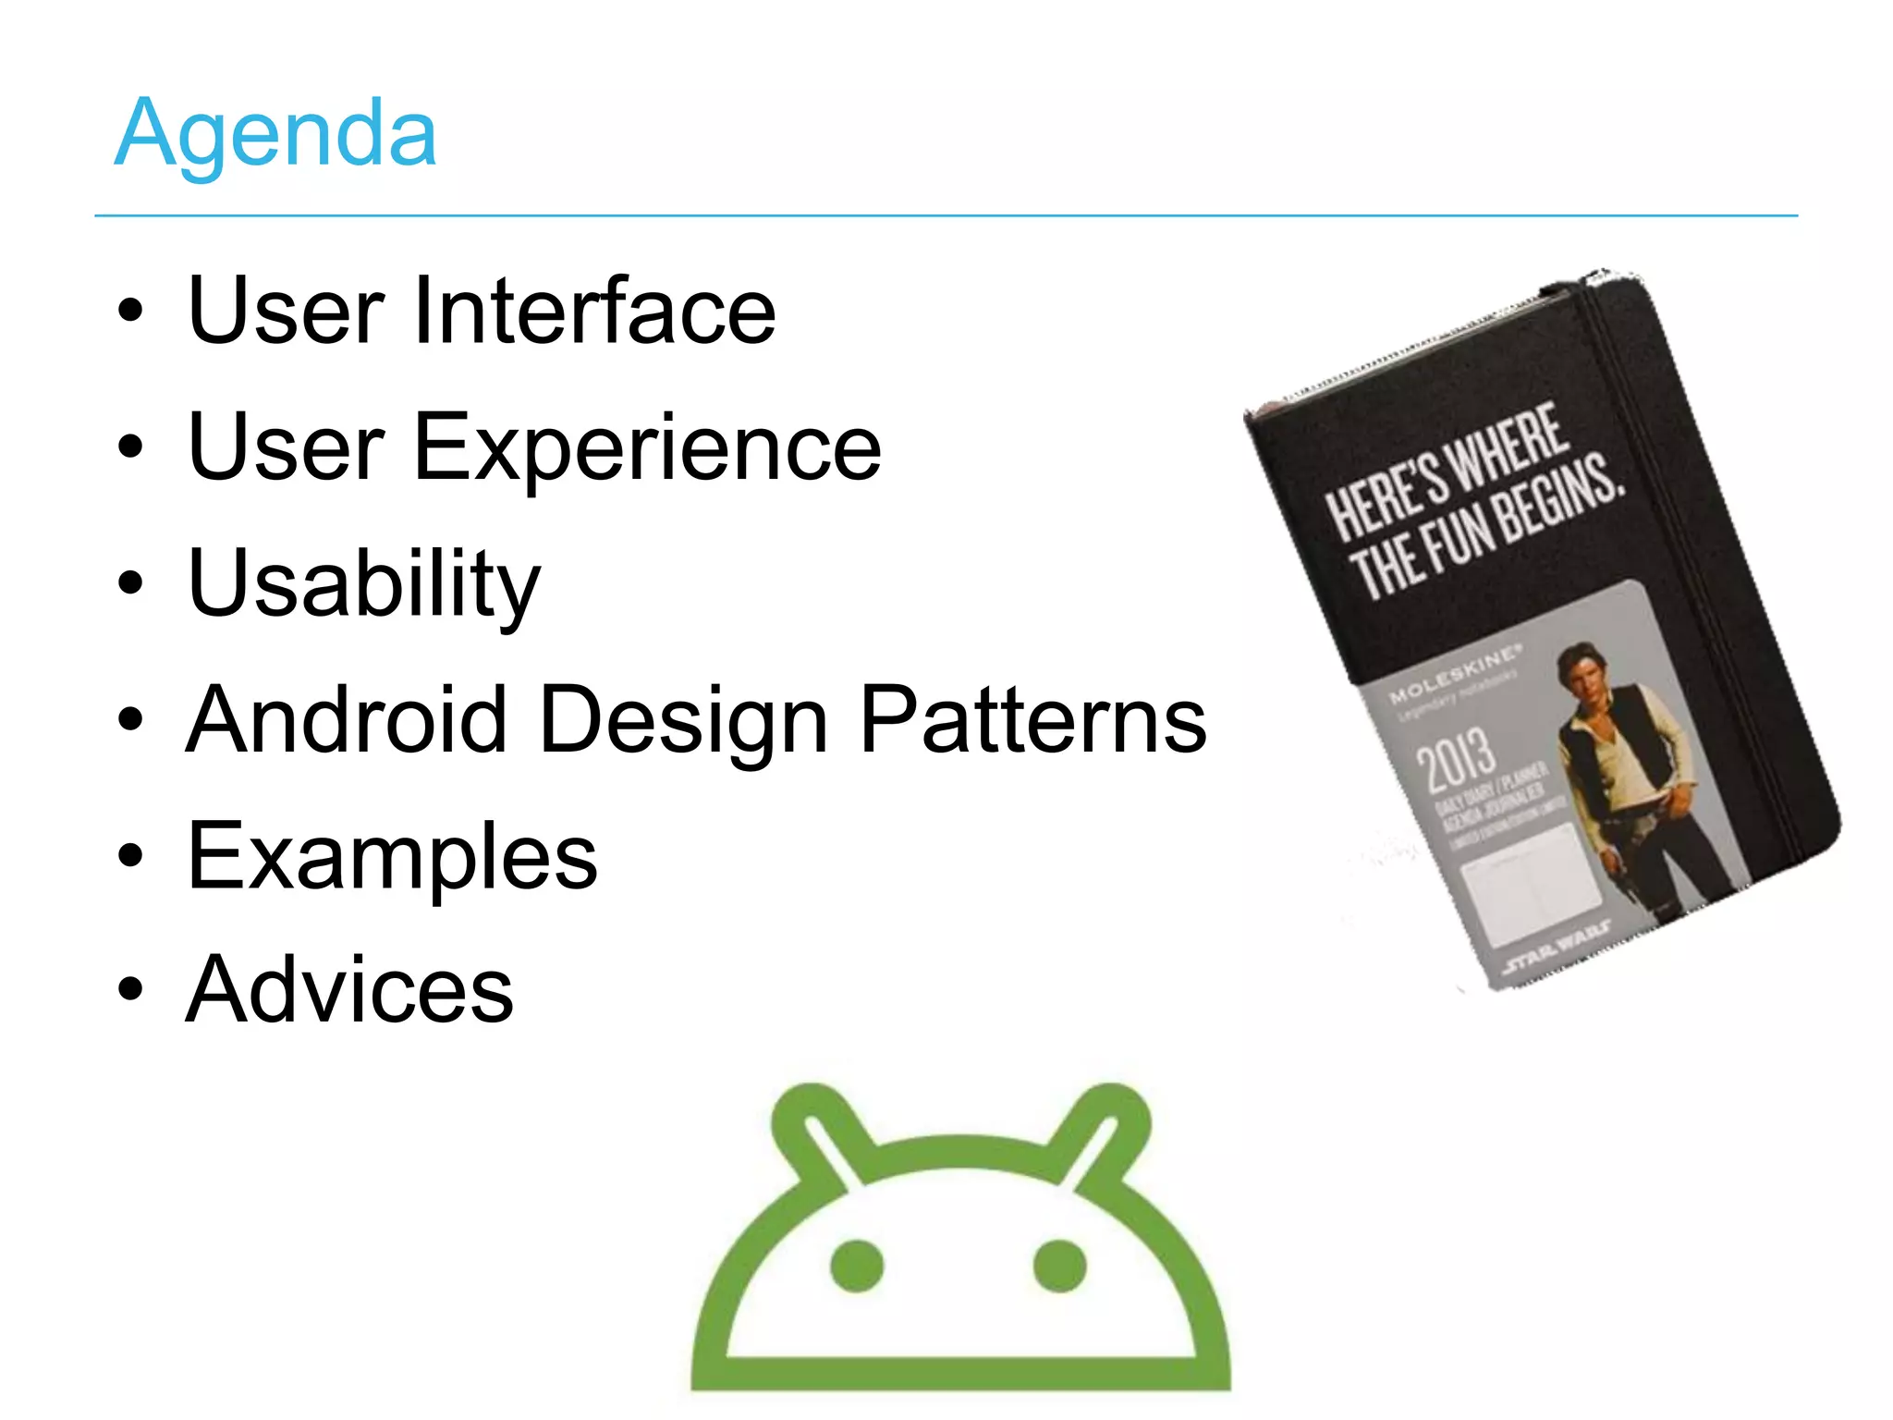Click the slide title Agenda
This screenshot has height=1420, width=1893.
(275, 135)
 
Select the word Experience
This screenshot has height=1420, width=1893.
(647, 448)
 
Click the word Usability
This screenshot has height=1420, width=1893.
(363, 584)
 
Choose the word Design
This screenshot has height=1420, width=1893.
(684, 721)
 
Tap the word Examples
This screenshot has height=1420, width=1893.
(392, 857)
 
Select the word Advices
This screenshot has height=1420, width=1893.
(349, 990)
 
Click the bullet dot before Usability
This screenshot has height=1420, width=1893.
(131, 583)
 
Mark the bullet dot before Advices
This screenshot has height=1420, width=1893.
(131, 988)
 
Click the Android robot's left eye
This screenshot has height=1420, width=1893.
(857, 1266)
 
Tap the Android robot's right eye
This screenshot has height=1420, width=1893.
(1059, 1266)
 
